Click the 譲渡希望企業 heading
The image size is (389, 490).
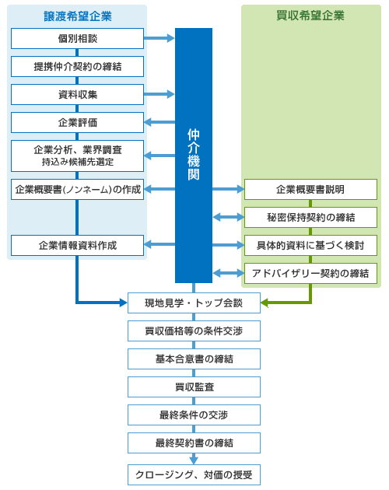tap(78, 16)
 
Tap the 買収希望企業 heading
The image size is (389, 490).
tap(310, 16)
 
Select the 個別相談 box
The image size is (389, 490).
tap(77, 38)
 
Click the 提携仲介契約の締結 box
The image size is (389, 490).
tap(77, 67)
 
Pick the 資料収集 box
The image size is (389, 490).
tap(77, 94)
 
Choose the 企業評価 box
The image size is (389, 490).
tap(77, 123)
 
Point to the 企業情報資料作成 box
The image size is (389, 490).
tap(77, 245)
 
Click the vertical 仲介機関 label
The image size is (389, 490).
tap(194, 154)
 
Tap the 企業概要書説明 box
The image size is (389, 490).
tap(310, 189)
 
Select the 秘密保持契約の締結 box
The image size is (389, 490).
tap(310, 217)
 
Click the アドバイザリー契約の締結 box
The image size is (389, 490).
tap(310, 274)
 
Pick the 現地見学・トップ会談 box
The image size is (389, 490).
tap(194, 303)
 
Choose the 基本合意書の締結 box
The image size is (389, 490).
tap(194, 359)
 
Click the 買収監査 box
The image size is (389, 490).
tap(194, 387)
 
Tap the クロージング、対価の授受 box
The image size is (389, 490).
tap(194, 475)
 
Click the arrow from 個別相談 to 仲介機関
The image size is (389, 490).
tap(159, 38)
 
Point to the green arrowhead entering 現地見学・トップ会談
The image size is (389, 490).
tap(265, 303)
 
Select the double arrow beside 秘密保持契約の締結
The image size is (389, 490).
tap(228, 217)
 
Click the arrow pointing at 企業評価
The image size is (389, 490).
tap(159, 122)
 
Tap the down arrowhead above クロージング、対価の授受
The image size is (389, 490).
tap(194, 460)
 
